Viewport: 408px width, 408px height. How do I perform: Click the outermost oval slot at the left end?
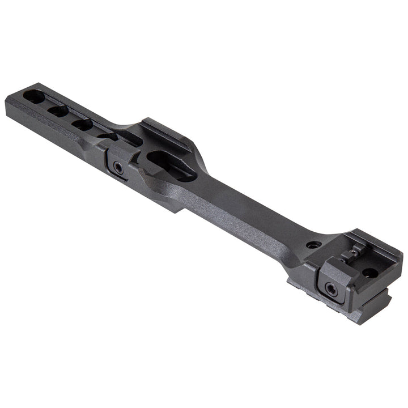click(34, 97)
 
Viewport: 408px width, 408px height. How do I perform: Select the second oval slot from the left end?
click(58, 111)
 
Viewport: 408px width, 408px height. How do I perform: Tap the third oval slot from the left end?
click(83, 125)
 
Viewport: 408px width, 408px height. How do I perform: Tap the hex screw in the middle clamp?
click(117, 167)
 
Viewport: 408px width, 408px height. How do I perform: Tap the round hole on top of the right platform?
click(369, 273)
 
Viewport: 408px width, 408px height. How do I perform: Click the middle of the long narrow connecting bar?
click(244, 210)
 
